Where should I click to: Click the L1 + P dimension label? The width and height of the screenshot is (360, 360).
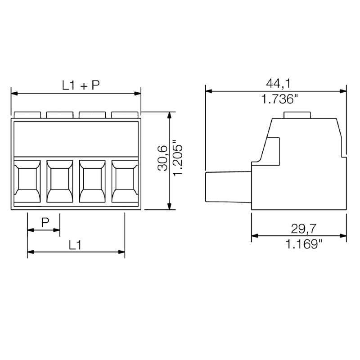point(81,85)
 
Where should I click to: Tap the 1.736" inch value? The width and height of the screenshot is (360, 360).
point(280,99)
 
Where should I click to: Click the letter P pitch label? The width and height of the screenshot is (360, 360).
point(45,222)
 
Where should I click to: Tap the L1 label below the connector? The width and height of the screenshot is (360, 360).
point(76,245)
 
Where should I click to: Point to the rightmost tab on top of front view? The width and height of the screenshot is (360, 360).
point(125,115)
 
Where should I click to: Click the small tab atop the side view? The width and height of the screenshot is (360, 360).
point(297,115)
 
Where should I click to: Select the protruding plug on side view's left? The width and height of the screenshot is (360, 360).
point(228,187)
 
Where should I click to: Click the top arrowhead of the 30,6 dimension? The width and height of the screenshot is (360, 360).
point(169,115)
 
